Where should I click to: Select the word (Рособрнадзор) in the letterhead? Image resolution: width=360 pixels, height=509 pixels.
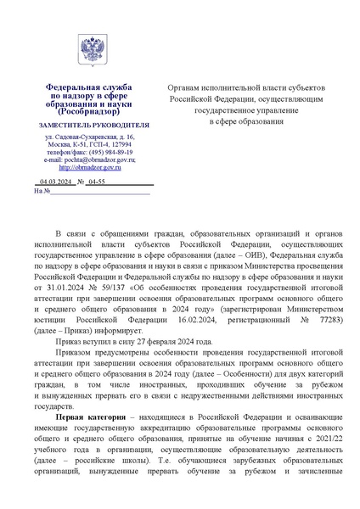pos(90,111)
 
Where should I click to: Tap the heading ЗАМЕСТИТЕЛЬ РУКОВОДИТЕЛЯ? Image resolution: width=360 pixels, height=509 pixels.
pos(90,125)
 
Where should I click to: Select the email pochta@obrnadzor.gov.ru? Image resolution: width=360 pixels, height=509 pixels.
pos(94,159)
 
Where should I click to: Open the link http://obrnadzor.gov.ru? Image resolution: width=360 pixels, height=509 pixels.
pos(90,167)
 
